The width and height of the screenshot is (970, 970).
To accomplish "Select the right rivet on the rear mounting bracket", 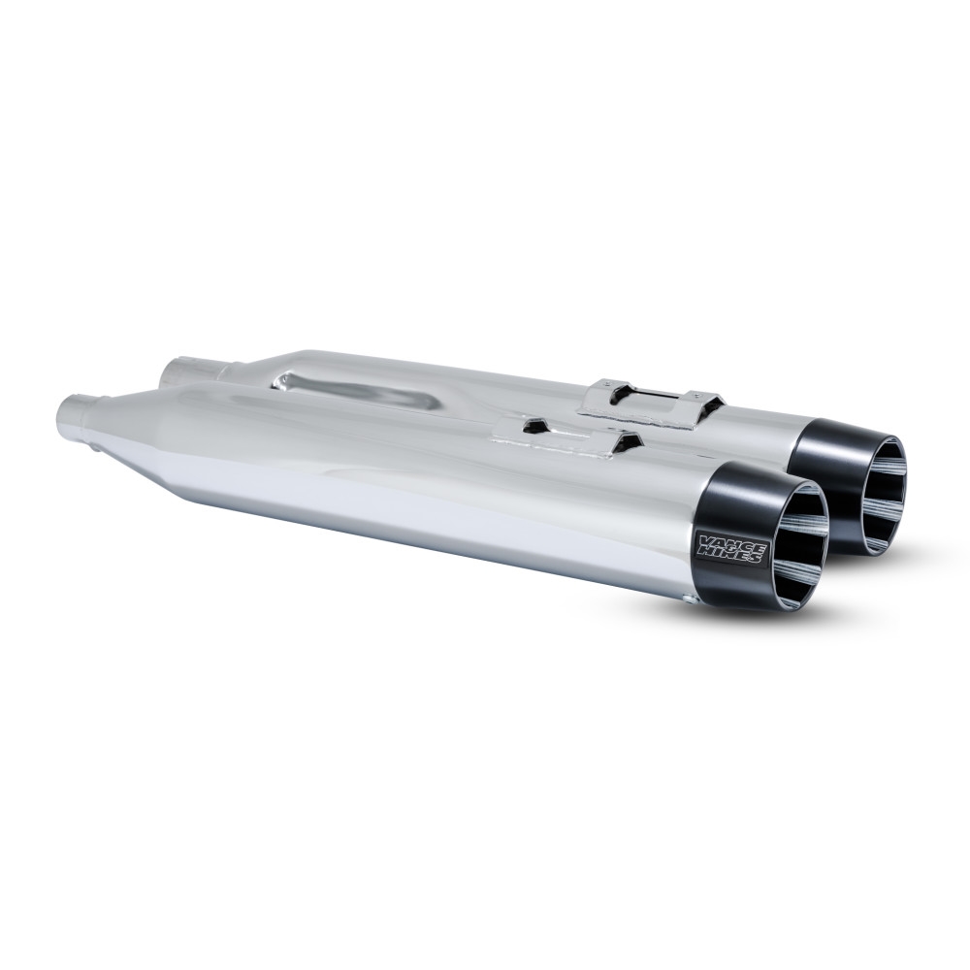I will click(x=691, y=392).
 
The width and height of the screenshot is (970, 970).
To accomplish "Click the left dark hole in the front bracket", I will click(x=532, y=425).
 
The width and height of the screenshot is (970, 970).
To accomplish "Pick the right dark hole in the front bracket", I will click(x=629, y=442).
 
